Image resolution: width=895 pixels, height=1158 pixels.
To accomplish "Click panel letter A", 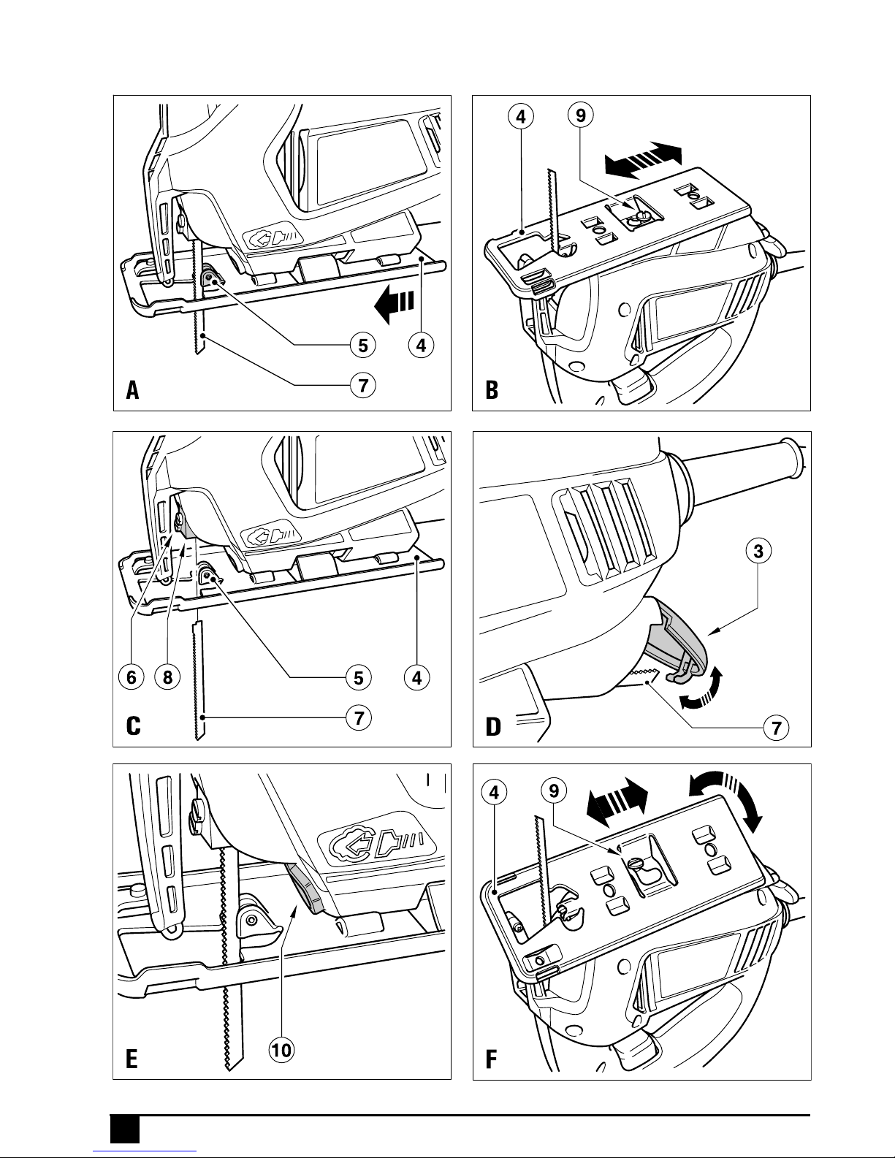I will click(x=132, y=391).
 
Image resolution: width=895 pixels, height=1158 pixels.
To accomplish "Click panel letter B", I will click(x=492, y=391).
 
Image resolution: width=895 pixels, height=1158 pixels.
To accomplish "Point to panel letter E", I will click(x=132, y=1059).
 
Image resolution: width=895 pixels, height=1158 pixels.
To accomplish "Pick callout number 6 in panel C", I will click(x=131, y=677).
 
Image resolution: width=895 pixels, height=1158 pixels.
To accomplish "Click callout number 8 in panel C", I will click(x=167, y=677).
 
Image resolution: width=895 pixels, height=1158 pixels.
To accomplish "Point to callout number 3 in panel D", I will click(x=759, y=552).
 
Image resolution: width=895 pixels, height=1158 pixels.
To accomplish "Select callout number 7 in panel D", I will click(x=776, y=728).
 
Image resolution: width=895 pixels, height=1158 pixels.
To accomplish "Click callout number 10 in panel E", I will click(x=281, y=1051).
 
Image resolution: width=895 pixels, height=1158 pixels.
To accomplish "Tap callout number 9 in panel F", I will click(x=555, y=791).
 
